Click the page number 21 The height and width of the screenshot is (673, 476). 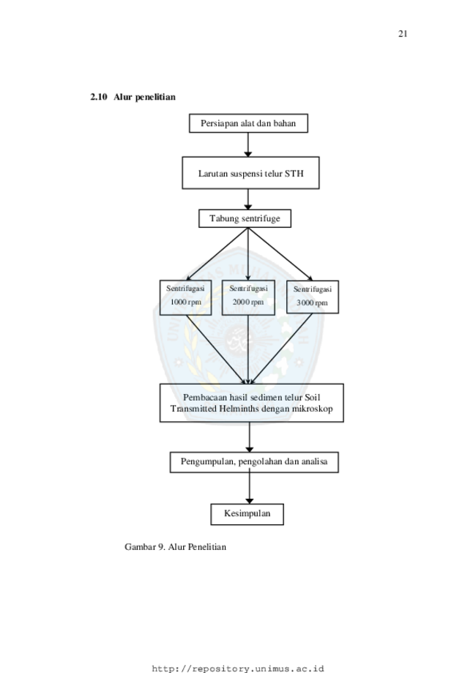click(x=403, y=34)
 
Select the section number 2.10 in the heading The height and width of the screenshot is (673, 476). click(x=98, y=97)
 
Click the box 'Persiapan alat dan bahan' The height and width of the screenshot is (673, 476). click(x=248, y=123)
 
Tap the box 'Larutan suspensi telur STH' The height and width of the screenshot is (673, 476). click(x=250, y=173)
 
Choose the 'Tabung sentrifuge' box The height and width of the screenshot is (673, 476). click(x=245, y=218)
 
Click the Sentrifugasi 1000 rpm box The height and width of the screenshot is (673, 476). click(x=185, y=297)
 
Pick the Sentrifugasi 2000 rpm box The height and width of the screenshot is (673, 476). click(x=248, y=297)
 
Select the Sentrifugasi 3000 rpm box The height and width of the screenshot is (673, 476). click(x=313, y=297)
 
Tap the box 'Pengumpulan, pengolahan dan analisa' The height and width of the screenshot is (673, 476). click(x=254, y=462)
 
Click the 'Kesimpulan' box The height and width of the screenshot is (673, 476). click(x=248, y=514)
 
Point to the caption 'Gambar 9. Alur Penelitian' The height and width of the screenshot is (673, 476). click(x=175, y=547)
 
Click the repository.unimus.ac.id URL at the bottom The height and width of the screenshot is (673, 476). click(x=238, y=669)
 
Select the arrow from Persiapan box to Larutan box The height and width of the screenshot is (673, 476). click(x=248, y=145)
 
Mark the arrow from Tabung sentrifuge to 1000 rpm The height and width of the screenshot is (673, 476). click(x=217, y=254)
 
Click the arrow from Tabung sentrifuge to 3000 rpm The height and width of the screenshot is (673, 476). click(x=280, y=254)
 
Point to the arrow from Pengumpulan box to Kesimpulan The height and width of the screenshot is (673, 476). click(x=249, y=488)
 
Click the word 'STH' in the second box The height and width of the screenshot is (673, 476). click(x=294, y=174)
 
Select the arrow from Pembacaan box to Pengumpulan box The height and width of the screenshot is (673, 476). click(x=249, y=437)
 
